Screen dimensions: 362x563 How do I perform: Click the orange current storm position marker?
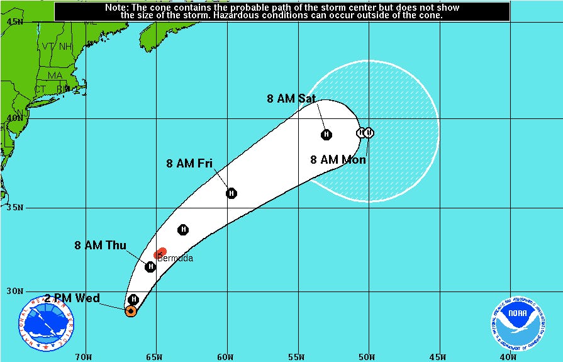coord(131,311)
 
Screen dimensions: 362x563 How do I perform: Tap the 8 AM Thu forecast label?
coord(100,246)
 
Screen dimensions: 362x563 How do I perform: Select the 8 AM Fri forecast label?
coord(189,164)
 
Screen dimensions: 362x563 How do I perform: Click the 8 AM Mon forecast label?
coord(338,159)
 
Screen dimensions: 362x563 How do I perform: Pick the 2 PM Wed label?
coord(72,298)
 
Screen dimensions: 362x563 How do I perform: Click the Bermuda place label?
coord(175,258)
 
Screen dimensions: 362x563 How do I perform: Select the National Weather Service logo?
coord(43,323)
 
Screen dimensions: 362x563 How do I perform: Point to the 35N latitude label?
coord(14,208)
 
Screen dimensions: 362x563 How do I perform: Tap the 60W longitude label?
coord(225,357)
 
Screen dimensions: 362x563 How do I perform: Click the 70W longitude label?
coord(83,357)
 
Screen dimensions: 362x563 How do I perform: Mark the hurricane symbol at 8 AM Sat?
coord(326,134)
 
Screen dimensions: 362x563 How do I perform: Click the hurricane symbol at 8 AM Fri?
coord(231,193)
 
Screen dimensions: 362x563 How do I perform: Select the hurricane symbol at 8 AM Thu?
coord(150,267)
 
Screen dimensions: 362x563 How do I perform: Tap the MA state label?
coord(55,76)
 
